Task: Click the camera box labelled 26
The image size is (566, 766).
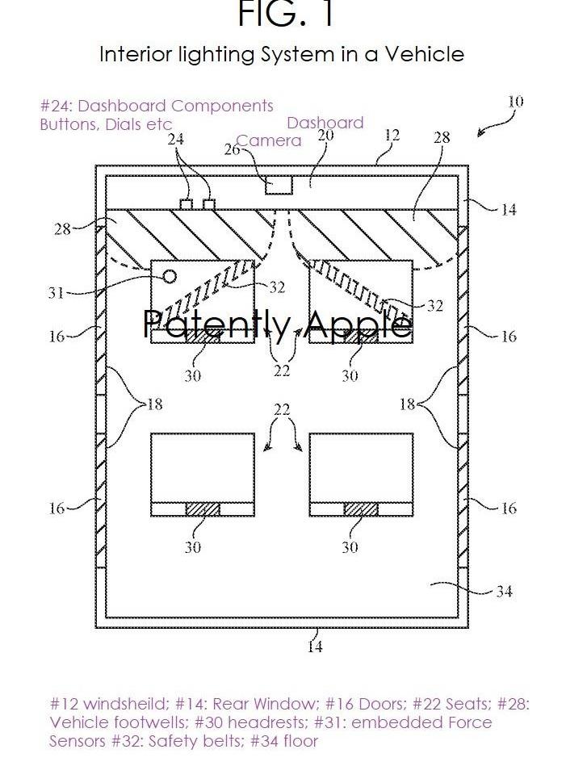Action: pyautogui.click(x=279, y=185)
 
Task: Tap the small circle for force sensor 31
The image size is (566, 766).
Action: pyautogui.click(x=169, y=277)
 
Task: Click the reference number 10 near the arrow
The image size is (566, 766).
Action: pyautogui.click(x=515, y=102)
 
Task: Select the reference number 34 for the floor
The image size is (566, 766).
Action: pyautogui.click(x=504, y=592)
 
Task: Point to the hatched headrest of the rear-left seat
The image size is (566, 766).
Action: pyautogui.click(x=203, y=509)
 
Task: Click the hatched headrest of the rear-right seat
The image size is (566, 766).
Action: pyautogui.click(x=361, y=509)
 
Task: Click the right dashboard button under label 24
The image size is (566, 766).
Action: pyautogui.click(x=209, y=204)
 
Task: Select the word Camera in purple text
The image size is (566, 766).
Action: pyautogui.click(x=270, y=140)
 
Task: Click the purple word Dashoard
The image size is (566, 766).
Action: pyautogui.click(x=325, y=123)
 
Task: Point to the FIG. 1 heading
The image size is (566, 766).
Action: pyautogui.click(x=286, y=14)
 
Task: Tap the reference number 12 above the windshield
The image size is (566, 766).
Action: pyautogui.click(x=392, y=135)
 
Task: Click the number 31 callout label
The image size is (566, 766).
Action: pyautogui.click(x=57, y=293)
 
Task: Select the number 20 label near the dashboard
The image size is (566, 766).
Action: pyautogui.click(x=325, y=135)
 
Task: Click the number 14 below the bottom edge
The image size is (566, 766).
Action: pyautogui.click(x=315, y=647)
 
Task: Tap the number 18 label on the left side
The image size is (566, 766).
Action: pyautogui.click(x=154, y=404)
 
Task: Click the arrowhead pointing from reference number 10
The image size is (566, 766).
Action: pyautogui.click(x=481, y=132)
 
